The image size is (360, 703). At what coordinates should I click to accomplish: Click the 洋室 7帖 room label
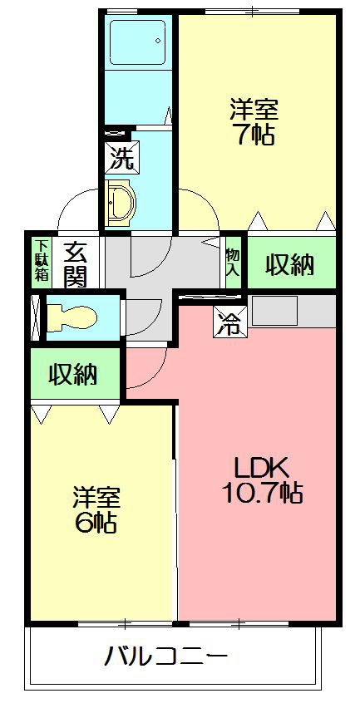point(254,122)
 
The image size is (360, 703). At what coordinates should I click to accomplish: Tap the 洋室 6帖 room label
point(95,509)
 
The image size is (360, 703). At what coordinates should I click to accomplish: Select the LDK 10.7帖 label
point(260,479)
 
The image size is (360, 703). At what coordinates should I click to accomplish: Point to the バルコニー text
point(165,656)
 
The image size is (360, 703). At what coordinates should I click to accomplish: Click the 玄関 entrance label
point(75,263)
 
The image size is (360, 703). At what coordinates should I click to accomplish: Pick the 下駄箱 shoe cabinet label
point(41,260)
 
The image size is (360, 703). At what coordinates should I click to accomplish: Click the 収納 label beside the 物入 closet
point(289,264)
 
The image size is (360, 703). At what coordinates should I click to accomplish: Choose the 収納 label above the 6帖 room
point(72,375)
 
